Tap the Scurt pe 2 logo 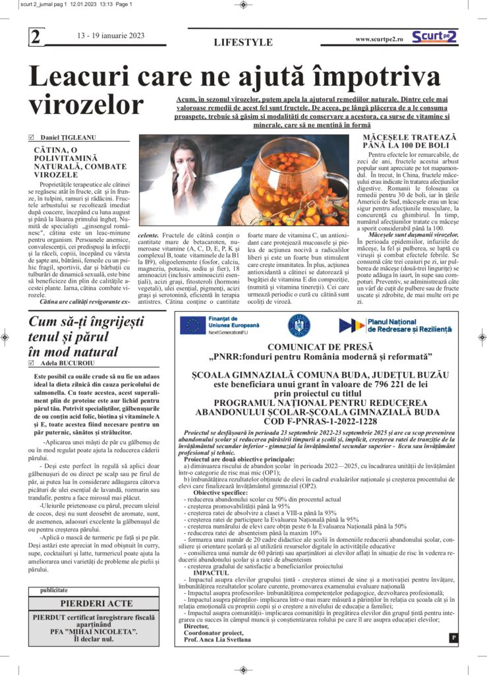tap(434, 37)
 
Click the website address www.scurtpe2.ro tap(382, 39)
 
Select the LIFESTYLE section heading tap(243, 42)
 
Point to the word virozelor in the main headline tap(86, 105)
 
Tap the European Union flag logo tap(193, 326)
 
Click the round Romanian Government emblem tap(299, 325)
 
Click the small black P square tap(453, 637)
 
